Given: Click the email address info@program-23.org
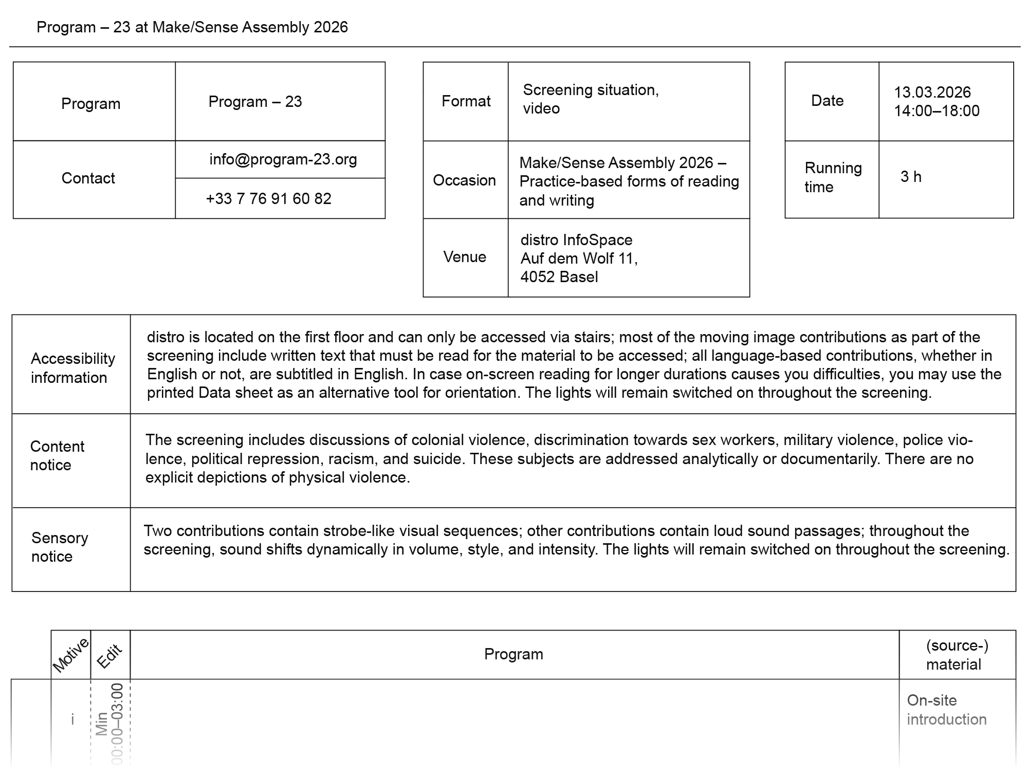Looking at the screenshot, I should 283,159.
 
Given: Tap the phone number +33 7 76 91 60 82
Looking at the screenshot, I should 268,198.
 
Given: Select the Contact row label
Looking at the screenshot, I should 88,178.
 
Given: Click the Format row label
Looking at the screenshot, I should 466,101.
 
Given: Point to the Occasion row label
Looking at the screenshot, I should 464,180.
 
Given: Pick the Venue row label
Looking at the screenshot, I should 465,256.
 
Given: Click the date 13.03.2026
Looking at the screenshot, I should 932,92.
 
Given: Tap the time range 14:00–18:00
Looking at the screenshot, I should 937,110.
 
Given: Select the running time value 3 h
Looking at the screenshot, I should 911,176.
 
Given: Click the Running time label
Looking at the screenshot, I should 833,177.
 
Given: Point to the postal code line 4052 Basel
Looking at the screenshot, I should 559,276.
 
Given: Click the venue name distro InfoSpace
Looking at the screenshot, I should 576,239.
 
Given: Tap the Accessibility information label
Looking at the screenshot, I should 72,367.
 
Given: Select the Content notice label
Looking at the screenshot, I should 57,455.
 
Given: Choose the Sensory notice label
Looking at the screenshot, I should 60,547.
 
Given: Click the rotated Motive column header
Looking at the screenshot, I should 71,655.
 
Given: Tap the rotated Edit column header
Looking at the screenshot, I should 109,656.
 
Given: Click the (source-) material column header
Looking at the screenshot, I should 957,654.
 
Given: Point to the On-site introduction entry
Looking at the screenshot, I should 946,709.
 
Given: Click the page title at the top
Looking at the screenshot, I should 192,27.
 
